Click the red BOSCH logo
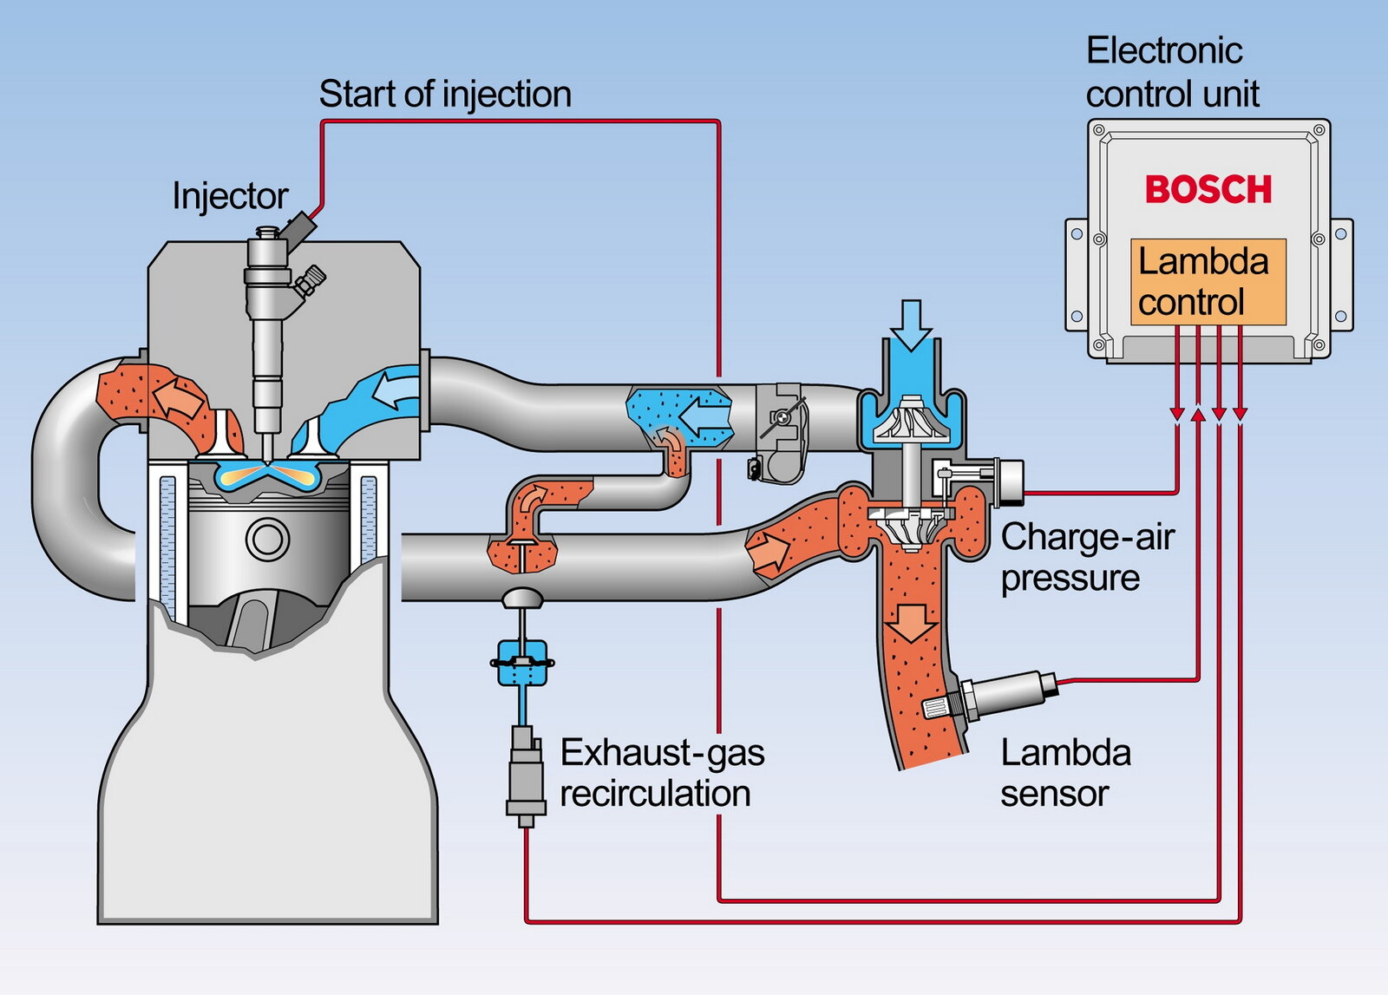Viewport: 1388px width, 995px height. coord(1208,189)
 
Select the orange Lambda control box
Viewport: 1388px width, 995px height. coord(1208,282)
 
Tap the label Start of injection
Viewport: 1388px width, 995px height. coord(445,94)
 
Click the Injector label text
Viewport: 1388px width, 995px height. coord(230,196)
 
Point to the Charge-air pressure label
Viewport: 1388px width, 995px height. coord(1087,557)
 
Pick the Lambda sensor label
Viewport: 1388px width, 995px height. coord(1065,773)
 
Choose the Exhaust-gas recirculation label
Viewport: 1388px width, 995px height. coord(662,773)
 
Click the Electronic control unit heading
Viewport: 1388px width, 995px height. coord(1172,72)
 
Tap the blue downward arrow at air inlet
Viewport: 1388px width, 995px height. coord(911,324)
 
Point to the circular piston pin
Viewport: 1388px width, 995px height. coord(267,539)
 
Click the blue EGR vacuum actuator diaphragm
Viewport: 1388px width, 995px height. coord(520,663)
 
